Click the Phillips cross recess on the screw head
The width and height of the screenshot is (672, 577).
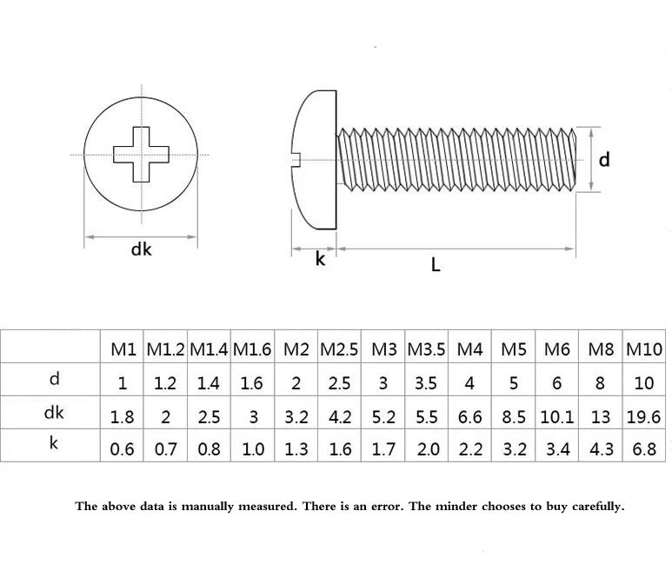140,154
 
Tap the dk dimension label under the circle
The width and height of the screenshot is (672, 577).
141,249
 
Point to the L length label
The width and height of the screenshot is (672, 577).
436,265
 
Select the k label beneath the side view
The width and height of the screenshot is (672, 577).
320,259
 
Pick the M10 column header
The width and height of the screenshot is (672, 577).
644,350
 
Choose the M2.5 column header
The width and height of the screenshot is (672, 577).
339,350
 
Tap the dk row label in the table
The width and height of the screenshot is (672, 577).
53,414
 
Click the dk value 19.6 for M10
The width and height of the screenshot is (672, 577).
644,417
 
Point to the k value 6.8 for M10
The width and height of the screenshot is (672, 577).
644,450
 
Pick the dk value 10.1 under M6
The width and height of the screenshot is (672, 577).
557,417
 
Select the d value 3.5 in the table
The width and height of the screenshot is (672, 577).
427,383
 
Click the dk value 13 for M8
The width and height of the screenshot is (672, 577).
601,417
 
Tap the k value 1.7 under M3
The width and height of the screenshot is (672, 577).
383,450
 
